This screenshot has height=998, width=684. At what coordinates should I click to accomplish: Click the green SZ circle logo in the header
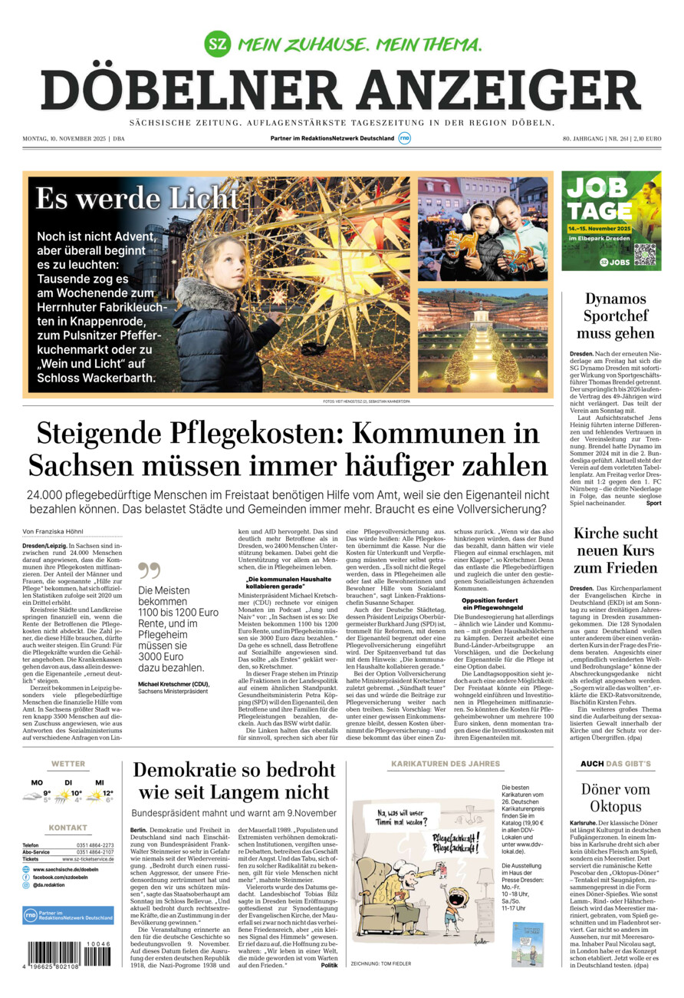point(218,42)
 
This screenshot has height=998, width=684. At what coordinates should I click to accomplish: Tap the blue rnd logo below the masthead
point(405,138)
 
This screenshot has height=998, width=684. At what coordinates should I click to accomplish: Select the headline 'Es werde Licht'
point(136,199)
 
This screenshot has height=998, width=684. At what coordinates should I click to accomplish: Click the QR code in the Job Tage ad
point(644,254)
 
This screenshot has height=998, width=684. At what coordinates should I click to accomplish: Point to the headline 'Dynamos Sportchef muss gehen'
point(615,316)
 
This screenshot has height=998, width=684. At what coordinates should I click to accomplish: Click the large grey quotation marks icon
point(149,570)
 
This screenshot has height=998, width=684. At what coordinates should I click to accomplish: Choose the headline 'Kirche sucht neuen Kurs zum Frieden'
point(615,550)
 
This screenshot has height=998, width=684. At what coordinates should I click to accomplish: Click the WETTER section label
point(68,764)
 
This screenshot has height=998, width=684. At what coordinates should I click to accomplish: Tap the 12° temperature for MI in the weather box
point(108,794)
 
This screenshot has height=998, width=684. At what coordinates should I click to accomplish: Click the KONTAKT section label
point(68,828)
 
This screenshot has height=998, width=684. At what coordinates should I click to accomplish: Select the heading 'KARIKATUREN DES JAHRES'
point(446,764)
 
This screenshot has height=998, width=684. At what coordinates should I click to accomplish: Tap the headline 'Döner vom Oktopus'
point(615,797)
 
